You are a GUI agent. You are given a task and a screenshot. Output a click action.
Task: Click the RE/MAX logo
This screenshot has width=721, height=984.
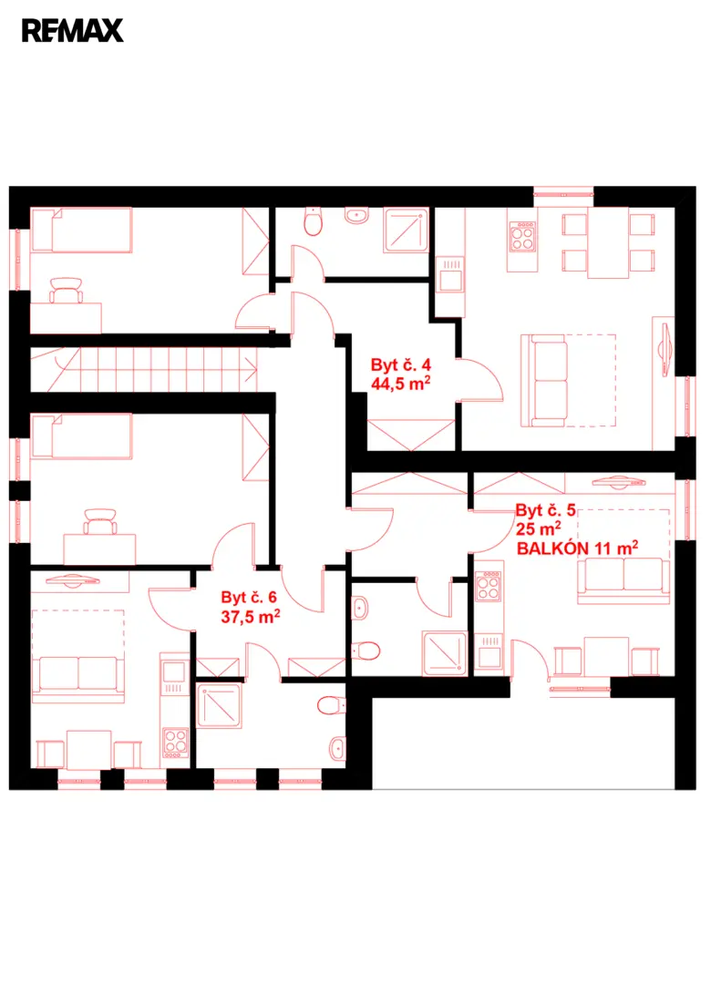(72, 31)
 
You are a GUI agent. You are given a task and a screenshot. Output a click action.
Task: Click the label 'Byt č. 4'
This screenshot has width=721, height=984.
(401, 364)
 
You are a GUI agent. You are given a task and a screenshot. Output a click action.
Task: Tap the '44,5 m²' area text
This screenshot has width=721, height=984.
(401, 384)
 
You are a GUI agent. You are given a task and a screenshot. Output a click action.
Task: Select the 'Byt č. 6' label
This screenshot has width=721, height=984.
(249, 598)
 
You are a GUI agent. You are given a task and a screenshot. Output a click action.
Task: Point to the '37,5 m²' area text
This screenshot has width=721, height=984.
(250, 617)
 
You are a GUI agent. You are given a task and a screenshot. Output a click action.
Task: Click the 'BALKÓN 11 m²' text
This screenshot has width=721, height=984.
(577, 548)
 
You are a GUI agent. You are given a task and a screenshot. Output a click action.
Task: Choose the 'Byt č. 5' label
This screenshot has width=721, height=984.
(545, 510)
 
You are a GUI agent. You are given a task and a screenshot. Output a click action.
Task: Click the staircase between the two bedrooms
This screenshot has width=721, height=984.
(144, 370)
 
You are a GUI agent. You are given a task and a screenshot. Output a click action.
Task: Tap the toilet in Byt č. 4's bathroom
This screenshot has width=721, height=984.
(313, 221)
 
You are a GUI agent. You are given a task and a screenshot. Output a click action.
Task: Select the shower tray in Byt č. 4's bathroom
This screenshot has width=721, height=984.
(407, 231)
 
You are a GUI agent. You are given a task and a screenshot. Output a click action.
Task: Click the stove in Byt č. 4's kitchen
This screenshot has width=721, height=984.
(522, 236)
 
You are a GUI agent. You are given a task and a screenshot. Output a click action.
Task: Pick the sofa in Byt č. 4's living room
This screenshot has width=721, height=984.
(544, 380)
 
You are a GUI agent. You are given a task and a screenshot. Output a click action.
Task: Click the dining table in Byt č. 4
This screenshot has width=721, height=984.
(608, 243)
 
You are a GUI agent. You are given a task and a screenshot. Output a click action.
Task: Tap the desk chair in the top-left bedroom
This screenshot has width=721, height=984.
(66, 290)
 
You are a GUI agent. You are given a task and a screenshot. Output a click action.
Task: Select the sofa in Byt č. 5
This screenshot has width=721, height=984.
(623, 580)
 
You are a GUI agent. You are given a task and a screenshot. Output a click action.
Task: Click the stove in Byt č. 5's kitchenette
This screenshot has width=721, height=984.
(488, 586)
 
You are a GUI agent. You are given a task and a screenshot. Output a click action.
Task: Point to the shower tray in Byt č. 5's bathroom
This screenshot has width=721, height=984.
(445, 653)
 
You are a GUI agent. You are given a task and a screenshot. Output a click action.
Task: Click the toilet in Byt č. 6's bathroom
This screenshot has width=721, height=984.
(332, 705)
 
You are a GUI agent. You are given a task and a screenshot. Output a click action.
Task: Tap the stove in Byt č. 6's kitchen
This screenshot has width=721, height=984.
(175, 743)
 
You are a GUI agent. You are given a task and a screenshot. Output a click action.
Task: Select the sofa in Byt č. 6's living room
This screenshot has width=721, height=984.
(77, 679)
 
